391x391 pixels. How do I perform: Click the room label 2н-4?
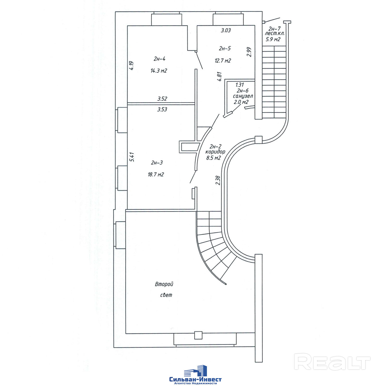159,59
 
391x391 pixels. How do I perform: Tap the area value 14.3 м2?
158,71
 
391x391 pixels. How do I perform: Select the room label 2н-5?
225,48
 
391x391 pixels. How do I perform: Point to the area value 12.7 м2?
223,61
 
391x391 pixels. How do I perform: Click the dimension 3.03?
226,30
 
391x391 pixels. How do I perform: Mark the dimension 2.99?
249,52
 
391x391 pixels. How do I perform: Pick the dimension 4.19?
131,65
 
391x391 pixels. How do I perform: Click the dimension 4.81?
219,77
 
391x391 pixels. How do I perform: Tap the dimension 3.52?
162,99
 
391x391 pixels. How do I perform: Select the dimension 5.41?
132,157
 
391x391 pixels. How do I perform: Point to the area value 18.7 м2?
156,175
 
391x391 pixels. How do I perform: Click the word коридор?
215,152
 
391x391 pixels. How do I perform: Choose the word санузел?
243,96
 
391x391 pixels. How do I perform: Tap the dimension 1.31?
240,85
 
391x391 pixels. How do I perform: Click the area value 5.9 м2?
273,39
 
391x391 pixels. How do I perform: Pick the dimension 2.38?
218,180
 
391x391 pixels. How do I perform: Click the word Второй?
164,284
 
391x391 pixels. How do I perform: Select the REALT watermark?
332,362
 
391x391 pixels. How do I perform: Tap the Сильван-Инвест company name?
195,380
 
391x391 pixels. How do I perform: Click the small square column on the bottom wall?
198,335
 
